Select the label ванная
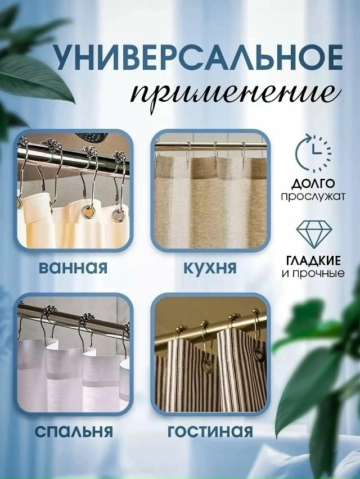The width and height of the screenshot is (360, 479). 73,265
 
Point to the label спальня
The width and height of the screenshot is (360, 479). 74,431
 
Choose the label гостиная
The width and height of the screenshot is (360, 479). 210,431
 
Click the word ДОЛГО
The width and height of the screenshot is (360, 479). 313,184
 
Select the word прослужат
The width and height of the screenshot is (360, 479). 313,196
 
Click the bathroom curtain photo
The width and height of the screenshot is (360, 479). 73,191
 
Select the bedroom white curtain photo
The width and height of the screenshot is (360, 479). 73,358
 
